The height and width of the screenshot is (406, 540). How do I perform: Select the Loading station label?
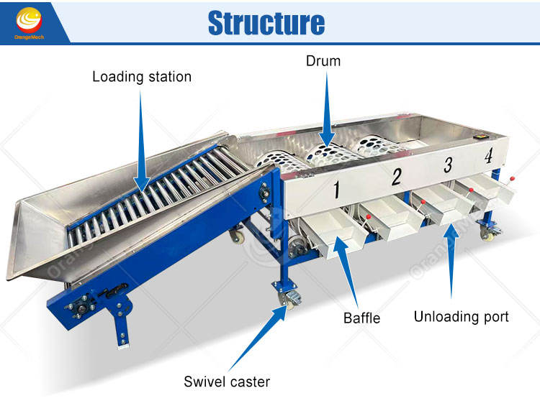pos(142,76)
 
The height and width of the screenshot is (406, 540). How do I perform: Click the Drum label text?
pos(323,61)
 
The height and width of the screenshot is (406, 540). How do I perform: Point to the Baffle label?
pos(361,317)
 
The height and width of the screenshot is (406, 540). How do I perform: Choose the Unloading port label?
pos(461,316)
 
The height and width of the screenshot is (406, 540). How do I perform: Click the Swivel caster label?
pos(227,381)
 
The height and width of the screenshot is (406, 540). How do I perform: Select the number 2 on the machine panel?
pos(395,177)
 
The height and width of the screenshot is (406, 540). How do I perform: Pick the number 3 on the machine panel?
pos(448,165)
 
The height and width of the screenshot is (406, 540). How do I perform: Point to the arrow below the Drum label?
pos(325,109)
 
